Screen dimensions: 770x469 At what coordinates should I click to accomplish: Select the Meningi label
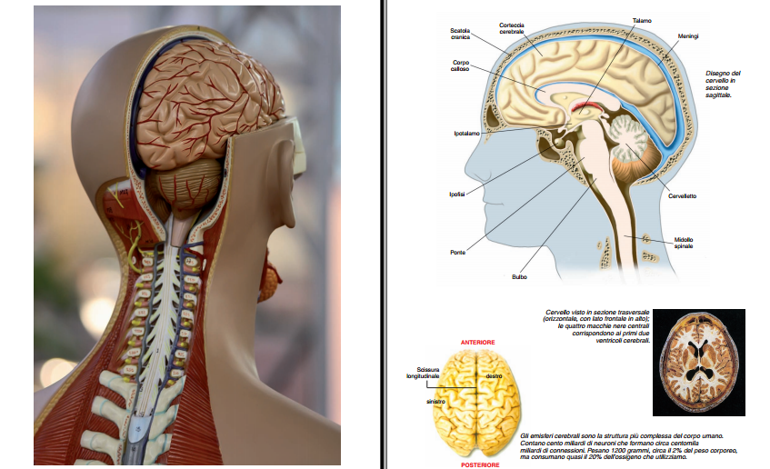click(x=688, y=35)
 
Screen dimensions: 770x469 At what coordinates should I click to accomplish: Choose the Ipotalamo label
click(x=466, y=134)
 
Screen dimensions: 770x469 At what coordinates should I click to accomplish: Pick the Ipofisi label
click(x=457, y=194)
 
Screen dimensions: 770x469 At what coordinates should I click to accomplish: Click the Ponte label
click(x=457, y=252)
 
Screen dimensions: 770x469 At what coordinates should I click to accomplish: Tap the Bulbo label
click(x=519, y=276)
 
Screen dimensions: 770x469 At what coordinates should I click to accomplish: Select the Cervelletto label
click(x=682, y=195)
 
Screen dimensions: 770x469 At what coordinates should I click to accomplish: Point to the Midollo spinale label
click(x=683, y=243)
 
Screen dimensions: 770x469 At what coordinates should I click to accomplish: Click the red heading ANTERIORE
click(x=477, y=343)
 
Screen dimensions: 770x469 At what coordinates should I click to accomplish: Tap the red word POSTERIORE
click(x=479, y=464)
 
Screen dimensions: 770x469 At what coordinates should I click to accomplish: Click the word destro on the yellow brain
click(x=494, y=375)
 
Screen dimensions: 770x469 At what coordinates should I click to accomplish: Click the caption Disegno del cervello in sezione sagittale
click(x=723, y=84)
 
